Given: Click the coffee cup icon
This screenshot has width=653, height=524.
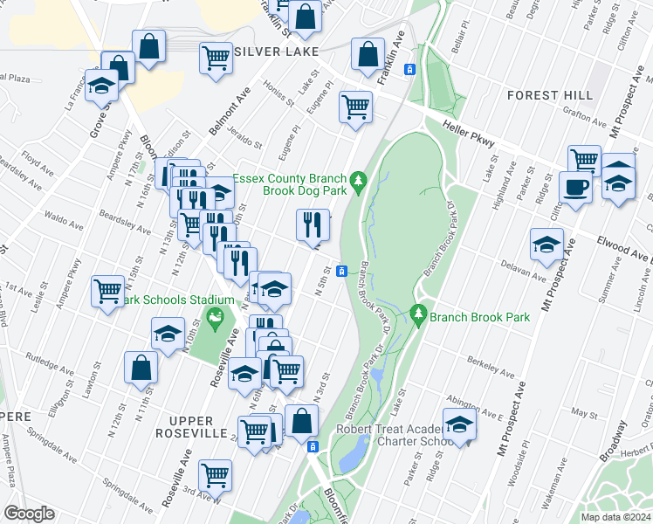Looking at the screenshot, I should (x=575, y=188).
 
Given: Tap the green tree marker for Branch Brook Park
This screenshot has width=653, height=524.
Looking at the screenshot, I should (x=419, y=313).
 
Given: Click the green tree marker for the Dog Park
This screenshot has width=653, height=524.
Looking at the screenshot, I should (x=357, y=181).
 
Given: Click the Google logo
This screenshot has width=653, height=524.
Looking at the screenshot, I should (x=29, y=514).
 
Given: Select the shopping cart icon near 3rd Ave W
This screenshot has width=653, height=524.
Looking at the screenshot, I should (x=215, y=476).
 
